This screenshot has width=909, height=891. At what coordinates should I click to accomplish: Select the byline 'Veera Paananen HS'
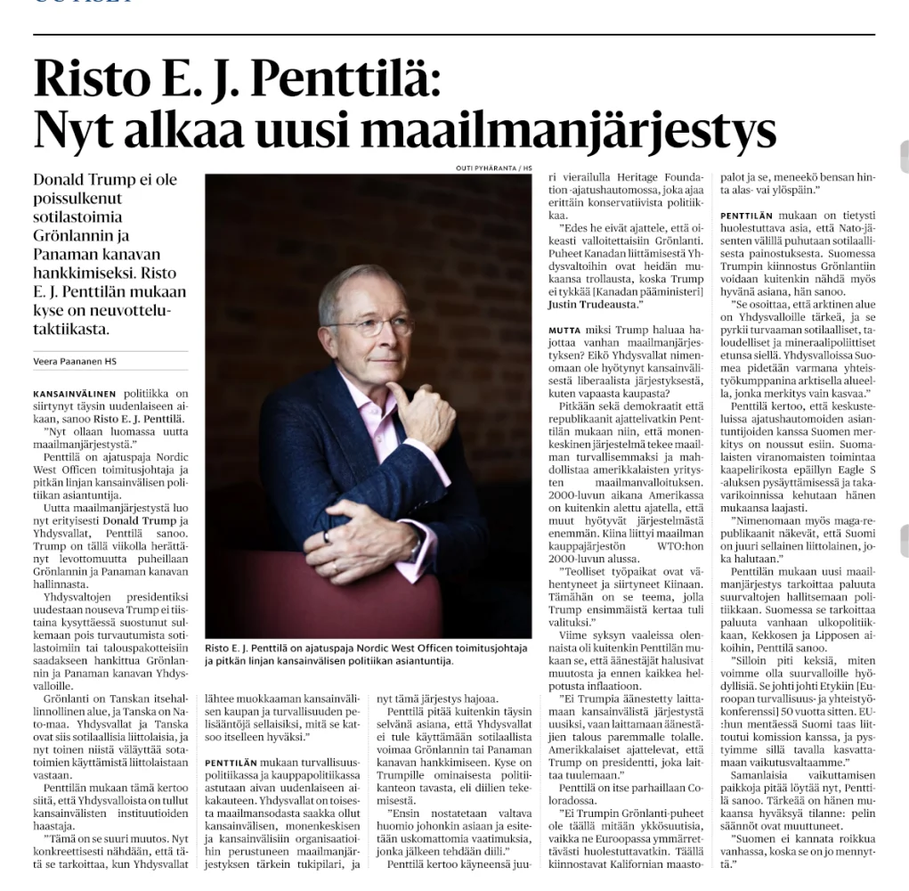tap(75, 361)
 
